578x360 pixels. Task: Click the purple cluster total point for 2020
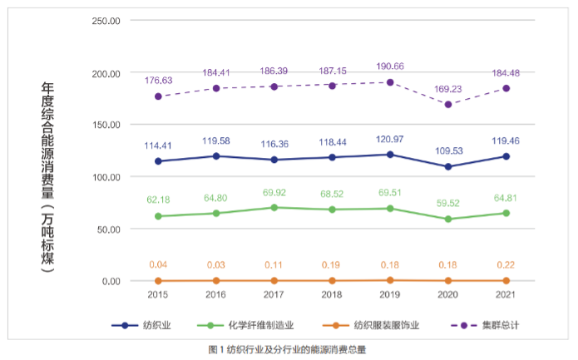point(448,105)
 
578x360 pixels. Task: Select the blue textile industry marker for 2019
point(390,155)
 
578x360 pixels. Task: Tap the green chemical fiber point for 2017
point(274,208)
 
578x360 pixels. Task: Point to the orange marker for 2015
point(158,280)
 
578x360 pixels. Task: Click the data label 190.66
point(389,66)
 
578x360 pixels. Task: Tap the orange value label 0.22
point(506,264)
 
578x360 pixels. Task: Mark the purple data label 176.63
point(158,81)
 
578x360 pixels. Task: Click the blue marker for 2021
point(506,156)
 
